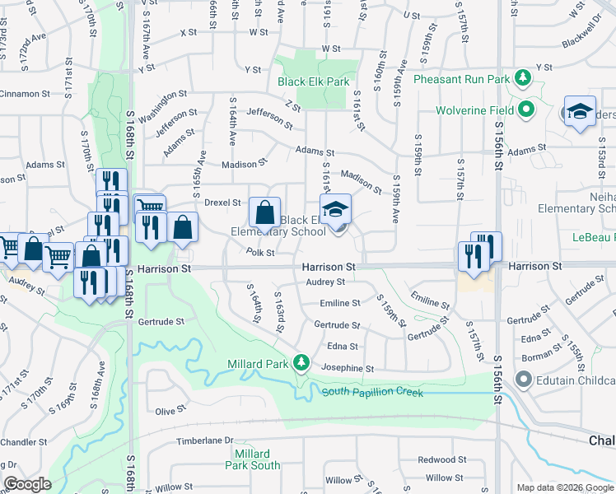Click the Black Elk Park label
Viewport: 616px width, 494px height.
click(313, 82)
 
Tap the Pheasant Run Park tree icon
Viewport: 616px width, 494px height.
click(522, 79)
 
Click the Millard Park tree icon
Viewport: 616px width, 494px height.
click(302, 363)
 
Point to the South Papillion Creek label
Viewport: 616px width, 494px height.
click(372, 393)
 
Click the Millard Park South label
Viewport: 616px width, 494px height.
click(252, 459)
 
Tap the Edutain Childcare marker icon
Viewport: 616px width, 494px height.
click(524, 380)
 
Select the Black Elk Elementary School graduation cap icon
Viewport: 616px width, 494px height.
click(335, 211)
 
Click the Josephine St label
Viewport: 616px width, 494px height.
click(348, 369)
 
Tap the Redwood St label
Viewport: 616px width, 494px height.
click(436, 459)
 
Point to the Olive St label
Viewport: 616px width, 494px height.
click(171, 411)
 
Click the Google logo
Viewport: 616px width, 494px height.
click(27, 484)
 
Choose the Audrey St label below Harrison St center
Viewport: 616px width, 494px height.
click(324, 282)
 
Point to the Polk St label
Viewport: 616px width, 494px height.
click(259, 254)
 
